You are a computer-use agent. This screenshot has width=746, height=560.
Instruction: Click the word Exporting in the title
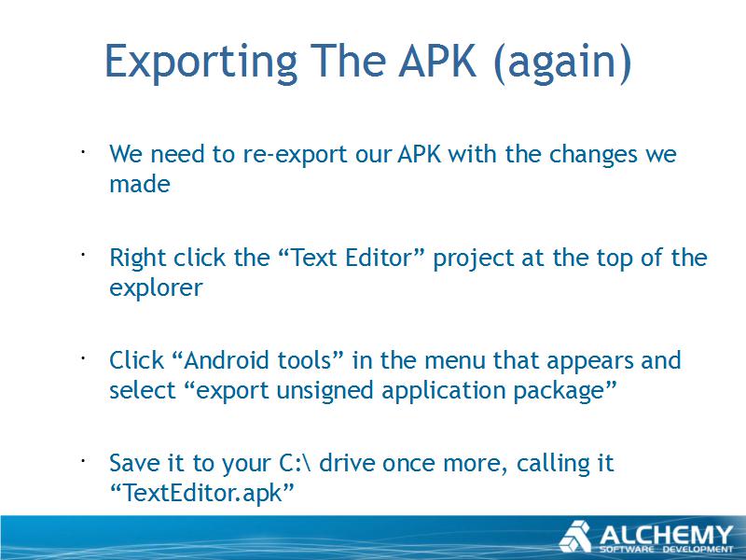(x=200, y=63)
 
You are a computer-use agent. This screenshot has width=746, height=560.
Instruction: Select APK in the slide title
(x=437, y=61)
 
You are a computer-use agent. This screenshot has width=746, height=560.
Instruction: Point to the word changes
(x=593, y=155)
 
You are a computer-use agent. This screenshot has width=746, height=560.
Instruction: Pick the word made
(x=139, y=184)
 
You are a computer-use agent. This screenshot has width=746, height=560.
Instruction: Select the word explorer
(x=156, y=288)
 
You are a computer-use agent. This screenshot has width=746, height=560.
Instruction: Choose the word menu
(x=455, y=361)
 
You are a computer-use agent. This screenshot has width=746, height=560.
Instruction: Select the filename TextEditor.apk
(x=202, y=493)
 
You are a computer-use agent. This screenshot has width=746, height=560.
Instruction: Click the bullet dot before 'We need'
(x=82, y=153)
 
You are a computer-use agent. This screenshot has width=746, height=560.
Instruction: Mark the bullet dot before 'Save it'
(x=82, y=461)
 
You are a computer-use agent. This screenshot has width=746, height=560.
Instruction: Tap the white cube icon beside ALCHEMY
(x=575, y=537)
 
